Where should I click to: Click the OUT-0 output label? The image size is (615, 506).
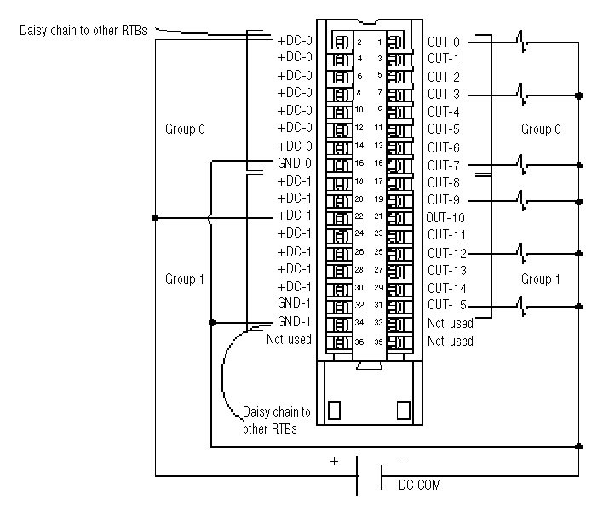click(x=442, y=41)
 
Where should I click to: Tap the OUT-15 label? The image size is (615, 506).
click(x=445, y=305)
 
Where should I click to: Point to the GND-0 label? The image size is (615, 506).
click(x=295, y=163)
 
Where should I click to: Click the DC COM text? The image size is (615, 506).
click(x=420, y=486)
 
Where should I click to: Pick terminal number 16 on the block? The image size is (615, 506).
click(x=359, y=163)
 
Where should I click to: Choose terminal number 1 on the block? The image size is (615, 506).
click(x=379, y=42)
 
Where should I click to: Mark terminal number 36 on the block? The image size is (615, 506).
click(x=359, y=341)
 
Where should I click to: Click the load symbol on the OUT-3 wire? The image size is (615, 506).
click(x=520, y=93)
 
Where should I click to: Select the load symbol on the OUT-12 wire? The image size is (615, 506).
click(x=520, y=252)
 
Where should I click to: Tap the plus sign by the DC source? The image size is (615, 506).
click(x=334, y=461)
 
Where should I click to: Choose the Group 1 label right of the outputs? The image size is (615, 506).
click(x=541, y=279)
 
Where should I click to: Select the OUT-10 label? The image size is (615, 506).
click(x=445, y=217)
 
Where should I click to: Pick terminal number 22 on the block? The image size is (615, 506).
click(x=359, y=216)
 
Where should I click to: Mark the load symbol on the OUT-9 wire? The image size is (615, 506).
click(x=520, y=199)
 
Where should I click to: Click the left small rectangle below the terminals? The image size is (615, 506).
click(x=334, y=410)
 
